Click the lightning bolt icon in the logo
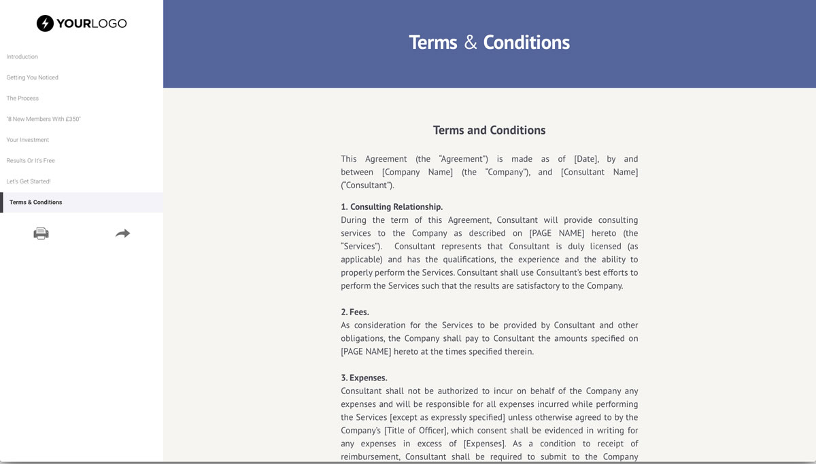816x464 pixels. click(x=45, y=23)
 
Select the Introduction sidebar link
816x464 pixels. click(x=22, y=56)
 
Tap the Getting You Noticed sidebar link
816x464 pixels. click(x=33, y=77)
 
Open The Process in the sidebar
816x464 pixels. click(x=22, y=99)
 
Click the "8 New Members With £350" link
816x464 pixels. click(x=44, y=119)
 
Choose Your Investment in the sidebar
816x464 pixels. click(x=28, y=140)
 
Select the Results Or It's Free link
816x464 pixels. click(x=31, y=161)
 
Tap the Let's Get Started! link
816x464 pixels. click(x=29, y=181)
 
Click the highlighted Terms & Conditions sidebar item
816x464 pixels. click(x=36, y=202)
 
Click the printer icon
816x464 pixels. click(x=41, y=233)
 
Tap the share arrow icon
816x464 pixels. click(x=122, y=233)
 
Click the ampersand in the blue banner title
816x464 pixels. click(x=471, y=43)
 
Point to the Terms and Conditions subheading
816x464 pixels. click(x=489, y=130)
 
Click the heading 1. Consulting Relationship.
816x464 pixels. click(x=392, y=207)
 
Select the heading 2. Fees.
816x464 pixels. click(x=355, y=312)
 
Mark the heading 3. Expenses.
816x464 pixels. click(x=364, y=378)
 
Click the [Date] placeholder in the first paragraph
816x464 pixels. click(x=586, y=159)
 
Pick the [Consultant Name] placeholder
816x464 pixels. click(x=599, y=172)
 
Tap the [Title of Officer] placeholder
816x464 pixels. click(x=415, y=430)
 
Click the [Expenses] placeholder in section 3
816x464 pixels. click(x=483, y=444)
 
